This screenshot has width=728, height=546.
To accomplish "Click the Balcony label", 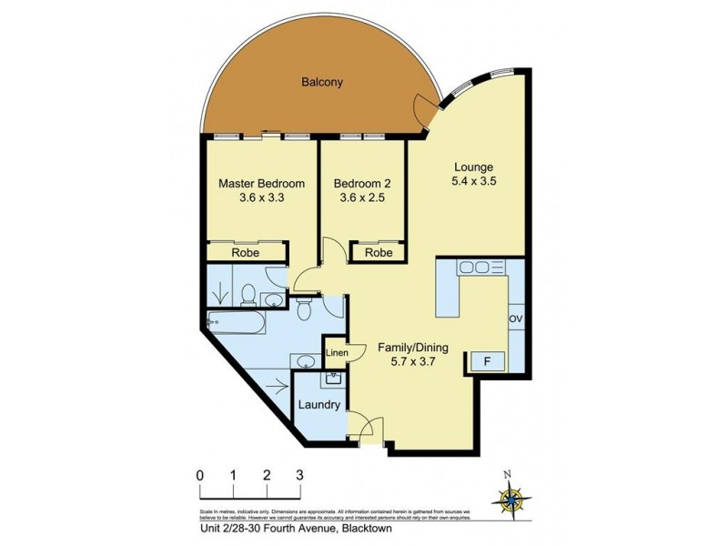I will pyautogui.click(x=322, y=82).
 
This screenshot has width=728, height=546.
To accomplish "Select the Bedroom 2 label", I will pyautogui.click(x=362, y=183).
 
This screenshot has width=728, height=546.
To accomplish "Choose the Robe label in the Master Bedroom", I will pyautogui.click(x=246, y=253).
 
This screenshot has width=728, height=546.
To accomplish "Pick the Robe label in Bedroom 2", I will pyautogui.click(x=379, y=253).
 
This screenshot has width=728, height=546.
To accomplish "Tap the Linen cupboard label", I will pyautogui.click(x=336, y=352).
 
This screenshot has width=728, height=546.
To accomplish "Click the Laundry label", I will pyautogui.click(x=319, y=406).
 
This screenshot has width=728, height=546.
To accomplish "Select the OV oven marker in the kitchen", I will pyautogui.click(x=515, y=318).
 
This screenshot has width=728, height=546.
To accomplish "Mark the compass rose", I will pyautogui.click(x=509, y=496).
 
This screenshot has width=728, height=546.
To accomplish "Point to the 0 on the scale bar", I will pyautogui.click(x=199, y=475).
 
